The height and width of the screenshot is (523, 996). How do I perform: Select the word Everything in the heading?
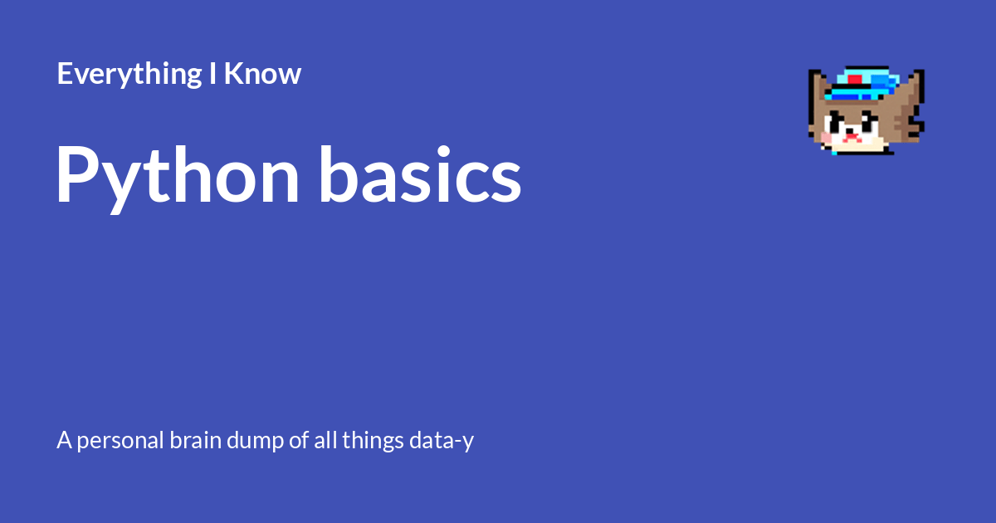(127, 75)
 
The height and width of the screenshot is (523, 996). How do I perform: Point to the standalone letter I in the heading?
(213, 75)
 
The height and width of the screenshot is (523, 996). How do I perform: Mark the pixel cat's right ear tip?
(918, 76)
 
